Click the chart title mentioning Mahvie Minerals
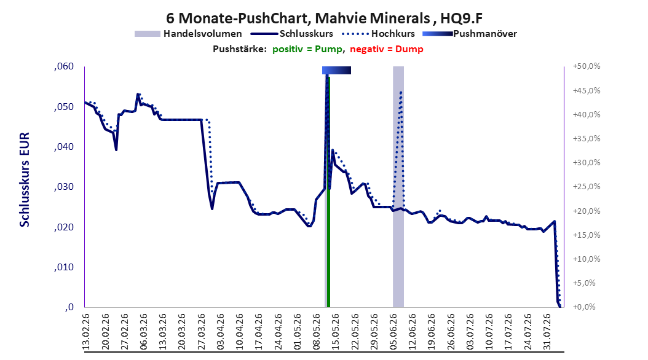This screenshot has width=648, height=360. [x=324, y=18]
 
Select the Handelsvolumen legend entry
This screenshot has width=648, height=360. [x=188, y=34]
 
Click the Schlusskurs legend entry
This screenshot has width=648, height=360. [x=292, y=34]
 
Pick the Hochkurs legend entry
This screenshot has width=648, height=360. [x=377, y=34]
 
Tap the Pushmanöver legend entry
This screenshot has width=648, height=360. [x=470, y=34]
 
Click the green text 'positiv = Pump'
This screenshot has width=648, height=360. [x=307, y=49]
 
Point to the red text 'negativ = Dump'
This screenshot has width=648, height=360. [x=387, y=49]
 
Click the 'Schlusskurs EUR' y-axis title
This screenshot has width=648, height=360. [x=25, y=179]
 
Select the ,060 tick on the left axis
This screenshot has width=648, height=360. [x=64, y=66]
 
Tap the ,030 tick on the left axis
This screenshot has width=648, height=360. [x=64, y=187]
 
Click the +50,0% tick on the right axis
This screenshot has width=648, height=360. [x=587, y=66]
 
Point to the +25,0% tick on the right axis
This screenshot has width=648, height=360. [x=587, y=187]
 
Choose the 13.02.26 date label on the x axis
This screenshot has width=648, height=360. [x=86, y=332]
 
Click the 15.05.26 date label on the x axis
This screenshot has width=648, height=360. [x=336, y=332]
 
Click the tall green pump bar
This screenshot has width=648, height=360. [x=328, y=192]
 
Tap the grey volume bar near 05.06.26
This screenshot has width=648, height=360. [x=398, y=187]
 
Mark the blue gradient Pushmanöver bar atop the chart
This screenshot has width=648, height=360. [x=336, y=70]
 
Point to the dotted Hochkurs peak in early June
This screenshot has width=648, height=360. [x=401, y=92]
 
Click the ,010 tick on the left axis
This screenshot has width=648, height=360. [x=64, y=267]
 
